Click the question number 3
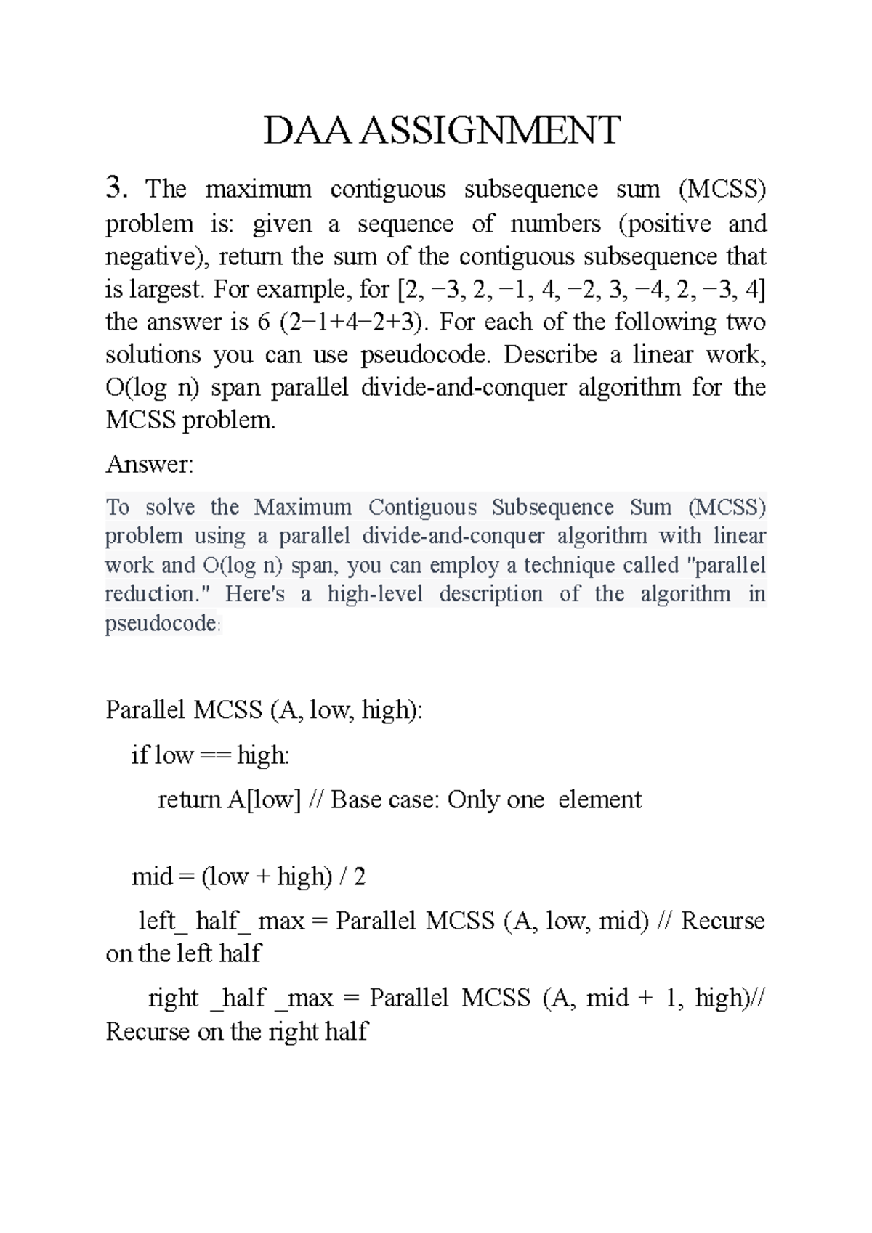pyautogui.click(x=116, y=188)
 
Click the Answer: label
pyautogui.click(x=150, y=464)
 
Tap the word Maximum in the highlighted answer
pyautogui.click(x=302, y=507)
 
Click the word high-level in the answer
pyautogui.click(x=375, y=594)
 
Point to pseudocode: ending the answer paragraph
pyautogui.click(x=162, y=624)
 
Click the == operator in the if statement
pyautogui.click(x=214, y=756)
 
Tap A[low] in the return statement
pyautogui.click(x=264, y=799)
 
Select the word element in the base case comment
pyautogui.click(x=599, y=799)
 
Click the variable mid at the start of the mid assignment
pyautogui.click(x=151, y=877)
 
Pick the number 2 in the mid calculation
pyautogui.click(x=359, y=877)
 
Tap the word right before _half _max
pyautogui.click(x=173, y=998)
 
